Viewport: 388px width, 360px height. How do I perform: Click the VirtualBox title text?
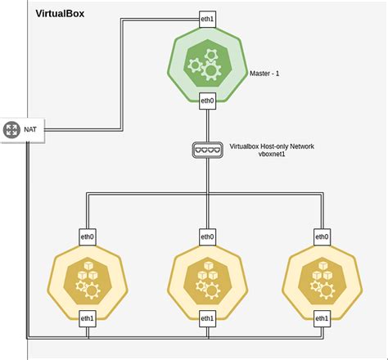pyautogui.click(x=60, y=15)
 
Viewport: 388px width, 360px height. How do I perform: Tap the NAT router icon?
pyautogui.click(x=11, y=129)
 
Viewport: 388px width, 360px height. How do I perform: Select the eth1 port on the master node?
pyautogui.click(x=207, y=18)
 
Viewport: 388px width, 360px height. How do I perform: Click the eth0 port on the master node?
pyautogui.click(x=207, y=101)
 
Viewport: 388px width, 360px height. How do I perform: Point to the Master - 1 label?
pyautogui.click(x=264, y=74)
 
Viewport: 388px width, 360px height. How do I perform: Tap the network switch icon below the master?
pyautogui.click(x=207, y=150)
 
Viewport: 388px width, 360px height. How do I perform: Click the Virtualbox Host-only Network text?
pyautogui.click(x=272, y=146)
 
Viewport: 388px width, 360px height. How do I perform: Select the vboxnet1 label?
pyautogui.click(x=271, y=155)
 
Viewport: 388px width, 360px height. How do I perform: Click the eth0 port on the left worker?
pyautogui.click(x=86, y=236)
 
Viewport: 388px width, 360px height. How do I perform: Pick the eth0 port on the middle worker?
pyautogui.click(x=207, y=236)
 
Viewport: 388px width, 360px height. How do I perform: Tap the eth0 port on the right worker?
pyautogui.click(x=323, y=236)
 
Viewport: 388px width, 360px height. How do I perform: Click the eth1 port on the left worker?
pyautogui.click(x=86, y=317)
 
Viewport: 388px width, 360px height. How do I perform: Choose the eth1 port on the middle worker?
pyautogui.click(x=207, y=317)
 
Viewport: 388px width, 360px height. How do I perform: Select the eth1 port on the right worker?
pyautogui.click(x=323, y=317)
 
